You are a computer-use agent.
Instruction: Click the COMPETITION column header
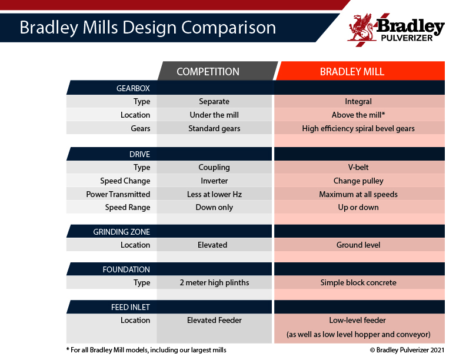[208, 72]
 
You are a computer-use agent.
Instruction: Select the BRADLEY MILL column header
[352, 72]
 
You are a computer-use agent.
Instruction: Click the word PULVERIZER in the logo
[407, 38]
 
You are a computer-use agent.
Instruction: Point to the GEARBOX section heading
[133, 88]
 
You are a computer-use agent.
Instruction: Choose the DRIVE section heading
[139, 154]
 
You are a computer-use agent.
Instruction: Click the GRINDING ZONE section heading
[121, 232]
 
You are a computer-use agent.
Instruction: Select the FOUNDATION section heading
[126, 269]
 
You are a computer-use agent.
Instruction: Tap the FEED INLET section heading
[130, 307]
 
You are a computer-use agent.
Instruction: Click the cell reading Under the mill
[214, 115]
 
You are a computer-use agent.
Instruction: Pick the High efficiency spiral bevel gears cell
[358, 128]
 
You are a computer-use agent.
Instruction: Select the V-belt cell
[358, 167]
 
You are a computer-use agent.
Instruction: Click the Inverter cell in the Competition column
[214, 181]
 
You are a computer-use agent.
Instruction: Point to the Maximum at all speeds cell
[358, 194]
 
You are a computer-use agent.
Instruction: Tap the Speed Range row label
[128, 207]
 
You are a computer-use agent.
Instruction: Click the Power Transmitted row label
[118, 194]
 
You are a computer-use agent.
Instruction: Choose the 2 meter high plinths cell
[214, 282]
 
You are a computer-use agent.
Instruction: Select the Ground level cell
[358, 245]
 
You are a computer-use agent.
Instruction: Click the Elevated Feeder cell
[214, 320]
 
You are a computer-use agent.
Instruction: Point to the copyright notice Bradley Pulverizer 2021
[407, 350]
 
